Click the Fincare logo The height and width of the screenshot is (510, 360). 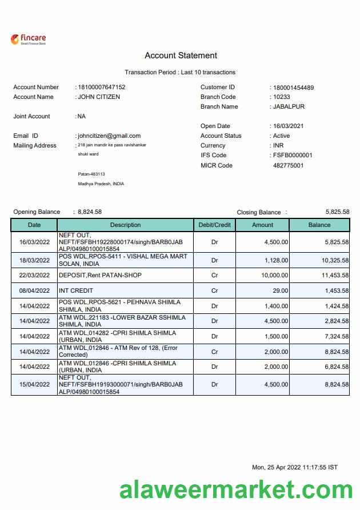click(28, 39)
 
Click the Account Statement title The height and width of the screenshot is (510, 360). click(181, 55)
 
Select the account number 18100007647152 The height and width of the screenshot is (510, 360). click(102, 87)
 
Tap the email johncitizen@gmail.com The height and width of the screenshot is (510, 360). click(109, 136)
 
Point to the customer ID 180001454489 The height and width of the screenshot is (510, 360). click(293, 87)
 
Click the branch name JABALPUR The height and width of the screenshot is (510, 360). click(289, 107)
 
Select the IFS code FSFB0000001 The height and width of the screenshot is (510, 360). click(293, 156)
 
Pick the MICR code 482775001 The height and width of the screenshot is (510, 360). click(288, 166)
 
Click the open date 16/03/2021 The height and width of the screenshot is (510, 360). click(288, 126)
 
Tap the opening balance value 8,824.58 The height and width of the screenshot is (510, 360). click(90, 212)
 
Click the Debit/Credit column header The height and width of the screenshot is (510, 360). click(214, 225)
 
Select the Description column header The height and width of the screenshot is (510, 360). click(125, 225)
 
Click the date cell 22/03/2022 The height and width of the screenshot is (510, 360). click(34, 276)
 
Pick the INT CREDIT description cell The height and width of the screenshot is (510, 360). click(76, 291)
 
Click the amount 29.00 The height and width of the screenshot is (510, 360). click(280, 291)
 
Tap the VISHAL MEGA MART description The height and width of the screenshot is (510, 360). click(123, 260)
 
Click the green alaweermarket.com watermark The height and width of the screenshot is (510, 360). click(236, 491)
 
